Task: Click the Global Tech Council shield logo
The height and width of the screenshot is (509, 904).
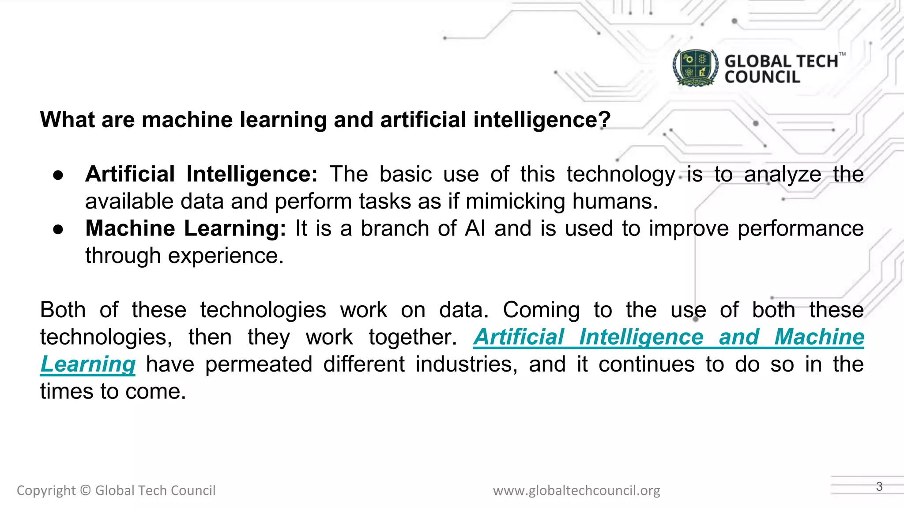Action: point(696,68)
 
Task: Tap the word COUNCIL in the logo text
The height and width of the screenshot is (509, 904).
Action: point(762,77)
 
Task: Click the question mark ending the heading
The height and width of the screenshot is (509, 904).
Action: point(605,120)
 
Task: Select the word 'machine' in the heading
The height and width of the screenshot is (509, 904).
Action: point(187,120)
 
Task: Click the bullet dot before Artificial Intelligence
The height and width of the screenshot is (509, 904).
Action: point(58,175)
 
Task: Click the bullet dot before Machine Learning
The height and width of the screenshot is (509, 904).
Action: point(58,229)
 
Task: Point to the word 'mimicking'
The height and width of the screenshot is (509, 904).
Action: point(515,201)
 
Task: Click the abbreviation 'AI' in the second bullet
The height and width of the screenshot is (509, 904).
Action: point(475,228)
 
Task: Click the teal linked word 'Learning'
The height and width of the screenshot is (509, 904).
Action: point(88,365)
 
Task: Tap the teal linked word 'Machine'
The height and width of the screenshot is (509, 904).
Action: point(819,337)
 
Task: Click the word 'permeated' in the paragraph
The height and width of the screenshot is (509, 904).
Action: point(259,365)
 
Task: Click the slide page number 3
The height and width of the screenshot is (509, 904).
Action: point(879,486)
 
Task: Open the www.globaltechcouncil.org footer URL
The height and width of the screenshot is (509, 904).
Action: point(576,490)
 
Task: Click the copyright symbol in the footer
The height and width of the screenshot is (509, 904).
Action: point(86,490)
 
